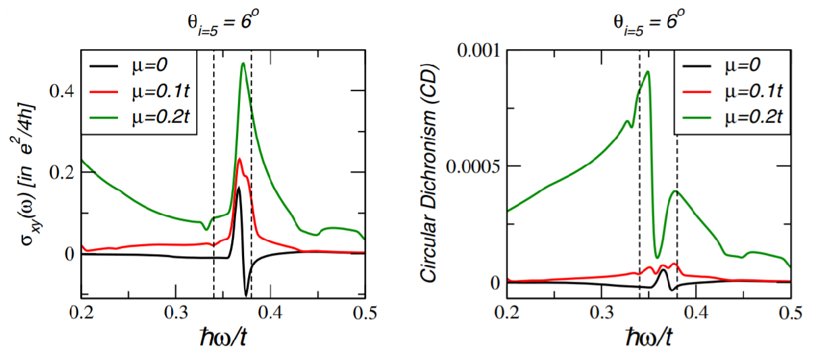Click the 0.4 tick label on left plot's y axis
pyautogui.click(x=65, y=91)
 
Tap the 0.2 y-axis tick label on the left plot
pyautogui.click(x=65, y=172)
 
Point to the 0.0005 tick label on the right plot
pyautogui.click(x=468, y=166)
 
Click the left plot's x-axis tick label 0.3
pyautogui.click(x=176, y=313)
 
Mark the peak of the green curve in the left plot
pyautogui.click(x=243, y=63)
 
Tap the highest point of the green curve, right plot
pyautogui.click(x=648, y=71)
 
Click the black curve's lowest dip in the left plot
pyautogui.click(x=246, y=295)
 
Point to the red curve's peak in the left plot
pyautogui.click(x=239, y=159)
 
